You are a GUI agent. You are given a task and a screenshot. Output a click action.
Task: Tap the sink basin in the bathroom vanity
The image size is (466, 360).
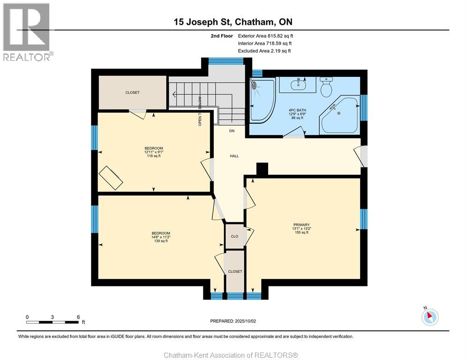click(x=298, y=85)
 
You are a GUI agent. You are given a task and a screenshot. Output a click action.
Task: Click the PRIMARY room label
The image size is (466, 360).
click(x=301, y=225)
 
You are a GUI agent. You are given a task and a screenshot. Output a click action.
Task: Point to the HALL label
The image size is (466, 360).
click(x=234, y=156)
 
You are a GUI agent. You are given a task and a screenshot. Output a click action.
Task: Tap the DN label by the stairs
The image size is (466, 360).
click(x=232, y=131)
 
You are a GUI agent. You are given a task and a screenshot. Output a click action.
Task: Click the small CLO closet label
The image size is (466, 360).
click(x=234, y=236)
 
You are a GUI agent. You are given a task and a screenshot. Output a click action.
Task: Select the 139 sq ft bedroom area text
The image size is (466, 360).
click(x=161, y=241)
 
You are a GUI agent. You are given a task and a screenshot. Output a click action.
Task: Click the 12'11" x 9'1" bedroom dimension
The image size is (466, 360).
click(x=154, y=152)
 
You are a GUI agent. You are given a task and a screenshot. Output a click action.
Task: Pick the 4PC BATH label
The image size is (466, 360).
click(x=297, y=110)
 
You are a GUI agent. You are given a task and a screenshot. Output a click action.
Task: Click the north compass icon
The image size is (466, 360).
click(x=430, y=317)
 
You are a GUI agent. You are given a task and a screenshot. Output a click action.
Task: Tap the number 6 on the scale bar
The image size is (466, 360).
click(x=78, y=317)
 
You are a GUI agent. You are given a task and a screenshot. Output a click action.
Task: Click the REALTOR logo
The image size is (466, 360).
click(x=28, y=32)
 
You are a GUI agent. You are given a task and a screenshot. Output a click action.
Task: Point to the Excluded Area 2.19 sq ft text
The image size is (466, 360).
click(x=264, y=51)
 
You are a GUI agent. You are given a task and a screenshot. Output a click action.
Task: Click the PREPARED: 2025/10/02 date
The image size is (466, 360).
click(x=233, y=321)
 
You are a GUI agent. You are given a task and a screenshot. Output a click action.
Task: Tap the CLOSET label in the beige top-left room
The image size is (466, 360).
click(x=132, y=92)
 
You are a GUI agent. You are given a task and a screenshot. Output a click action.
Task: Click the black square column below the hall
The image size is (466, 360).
click(x=262, y=169)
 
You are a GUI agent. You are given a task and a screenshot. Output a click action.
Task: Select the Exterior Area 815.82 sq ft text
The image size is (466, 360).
click(x=265, y=36)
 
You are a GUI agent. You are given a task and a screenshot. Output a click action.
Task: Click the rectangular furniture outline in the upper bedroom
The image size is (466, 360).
click(x=111, y=178)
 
